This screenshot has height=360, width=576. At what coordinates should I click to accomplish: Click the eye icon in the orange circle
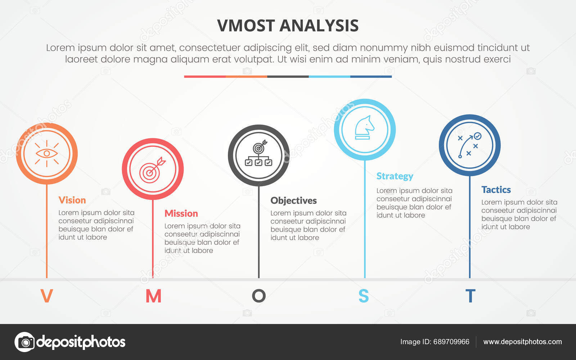point(46,153)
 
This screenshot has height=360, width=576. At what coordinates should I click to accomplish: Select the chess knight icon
point(365,128)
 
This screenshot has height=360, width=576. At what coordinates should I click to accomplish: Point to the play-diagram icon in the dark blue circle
point(469,145)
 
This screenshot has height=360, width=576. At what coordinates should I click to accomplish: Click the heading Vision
point(72,200)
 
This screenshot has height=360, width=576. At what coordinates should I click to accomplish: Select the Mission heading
point(181,213)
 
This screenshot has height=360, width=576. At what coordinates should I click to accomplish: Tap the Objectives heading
point(293,201)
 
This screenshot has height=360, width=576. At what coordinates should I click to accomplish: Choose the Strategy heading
point(395,176)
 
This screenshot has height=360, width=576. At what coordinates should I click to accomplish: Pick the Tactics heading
point(496,190)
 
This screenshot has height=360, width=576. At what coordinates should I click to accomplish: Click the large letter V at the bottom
point(46,296)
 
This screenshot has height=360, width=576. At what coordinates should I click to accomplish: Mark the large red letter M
point(153,296)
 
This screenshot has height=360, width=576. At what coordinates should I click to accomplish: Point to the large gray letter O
point(258,296)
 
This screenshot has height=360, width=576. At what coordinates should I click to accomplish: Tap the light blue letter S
point(364,296)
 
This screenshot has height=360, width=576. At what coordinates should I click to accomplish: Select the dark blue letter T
point(470,296)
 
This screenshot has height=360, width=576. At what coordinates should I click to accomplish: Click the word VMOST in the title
point(246,26)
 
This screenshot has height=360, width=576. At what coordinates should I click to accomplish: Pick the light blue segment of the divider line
point(329,77)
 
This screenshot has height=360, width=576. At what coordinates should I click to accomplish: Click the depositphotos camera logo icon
point(24,342)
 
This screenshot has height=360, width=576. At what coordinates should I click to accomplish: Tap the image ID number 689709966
point(451,342)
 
